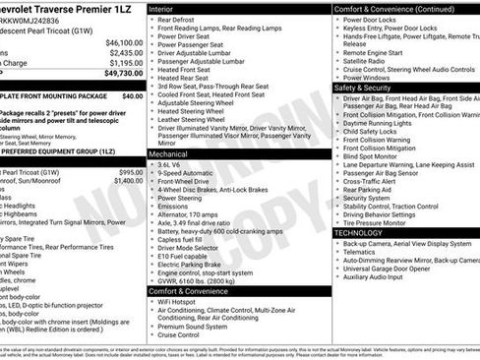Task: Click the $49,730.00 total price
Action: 118,73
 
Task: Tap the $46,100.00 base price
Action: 124,43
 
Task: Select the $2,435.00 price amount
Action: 126,53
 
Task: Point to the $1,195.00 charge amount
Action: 126,63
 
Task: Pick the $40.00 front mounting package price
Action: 132,96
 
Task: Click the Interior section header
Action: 168,8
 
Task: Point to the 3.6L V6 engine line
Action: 175,166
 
